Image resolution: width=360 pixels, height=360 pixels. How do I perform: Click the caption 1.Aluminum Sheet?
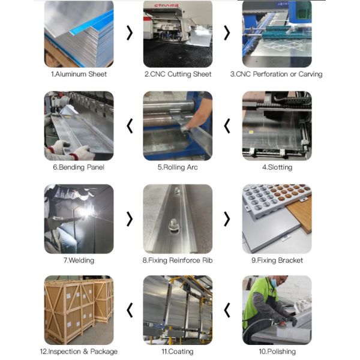pyautogui.click(x=79, y=74)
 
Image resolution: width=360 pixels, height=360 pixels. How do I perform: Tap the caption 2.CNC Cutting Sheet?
pyautogui.click(x=178, y=74)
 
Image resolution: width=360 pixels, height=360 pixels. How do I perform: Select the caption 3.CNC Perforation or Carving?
pyautogui.click(x=277, y=74)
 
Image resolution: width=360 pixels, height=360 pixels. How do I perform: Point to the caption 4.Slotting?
pyautogui.click(x=277, y=167)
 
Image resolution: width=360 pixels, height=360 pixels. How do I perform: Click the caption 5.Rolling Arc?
pyautogui.click(x=178, y=167)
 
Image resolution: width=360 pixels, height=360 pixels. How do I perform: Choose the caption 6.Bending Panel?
pyautogui.click(x=79, y=167)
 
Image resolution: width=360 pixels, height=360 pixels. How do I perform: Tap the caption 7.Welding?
pyautogui.click(x=79, y=260)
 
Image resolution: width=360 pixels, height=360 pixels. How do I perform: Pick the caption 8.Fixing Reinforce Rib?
pyautogui.click(x=178, y=260)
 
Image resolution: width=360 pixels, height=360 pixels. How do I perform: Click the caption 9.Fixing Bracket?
pyautogui.click(x=277, y=260)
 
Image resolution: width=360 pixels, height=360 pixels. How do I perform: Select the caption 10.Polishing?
pyautogui.click(x=277, y=352)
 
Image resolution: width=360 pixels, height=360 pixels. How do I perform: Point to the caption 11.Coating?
pyautogui.click(x=178, y=352)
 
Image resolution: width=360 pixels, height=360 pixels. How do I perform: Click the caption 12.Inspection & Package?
pyautogui.click(x=79, y=352)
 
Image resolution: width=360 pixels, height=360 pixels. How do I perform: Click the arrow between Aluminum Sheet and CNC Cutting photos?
pyautogui.click(x=130, y=33)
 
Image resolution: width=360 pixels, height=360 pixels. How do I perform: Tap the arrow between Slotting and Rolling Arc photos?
pyautogui.click(x=227, y=126)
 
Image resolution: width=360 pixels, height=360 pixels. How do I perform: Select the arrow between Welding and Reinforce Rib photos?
pyautogui.click(x=130, y=219)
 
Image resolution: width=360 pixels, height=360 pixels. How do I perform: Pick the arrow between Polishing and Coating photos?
pyautogui.click(x=227, y=310)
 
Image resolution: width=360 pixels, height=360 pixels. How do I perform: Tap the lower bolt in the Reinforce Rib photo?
pyautogui.click(x=173, y=226)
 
